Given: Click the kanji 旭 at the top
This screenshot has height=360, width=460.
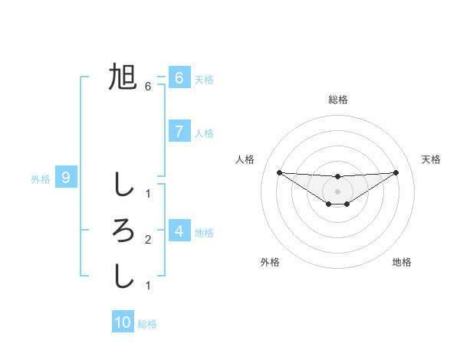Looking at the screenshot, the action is point(123,77).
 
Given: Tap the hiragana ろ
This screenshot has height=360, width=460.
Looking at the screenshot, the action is point(123,230).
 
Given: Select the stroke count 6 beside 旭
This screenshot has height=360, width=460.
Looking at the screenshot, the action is point(148,87).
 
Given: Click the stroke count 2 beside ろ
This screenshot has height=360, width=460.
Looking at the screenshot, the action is point(148,240).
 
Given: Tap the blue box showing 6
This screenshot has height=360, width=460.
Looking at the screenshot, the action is point(179,78).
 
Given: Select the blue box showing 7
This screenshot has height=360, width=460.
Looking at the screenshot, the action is point(179,132).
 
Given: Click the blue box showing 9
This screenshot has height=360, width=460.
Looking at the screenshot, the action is point(66,178).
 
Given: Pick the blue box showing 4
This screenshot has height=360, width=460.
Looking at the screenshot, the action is point(179,231).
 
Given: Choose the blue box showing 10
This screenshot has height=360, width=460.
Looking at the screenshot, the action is point(123,322).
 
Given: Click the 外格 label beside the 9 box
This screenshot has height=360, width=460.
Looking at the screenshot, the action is point(41,179).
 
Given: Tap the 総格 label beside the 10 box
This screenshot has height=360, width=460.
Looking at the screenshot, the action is point(147,324).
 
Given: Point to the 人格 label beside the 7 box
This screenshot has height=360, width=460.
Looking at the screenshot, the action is point(204,133).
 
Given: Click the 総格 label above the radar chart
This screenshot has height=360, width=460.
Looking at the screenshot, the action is point(337,100).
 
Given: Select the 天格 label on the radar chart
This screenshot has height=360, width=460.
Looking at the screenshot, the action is point(431,159).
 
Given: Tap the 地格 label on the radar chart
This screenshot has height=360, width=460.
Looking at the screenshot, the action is point(402,262).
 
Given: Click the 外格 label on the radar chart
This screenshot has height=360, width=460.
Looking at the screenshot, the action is point(270,262).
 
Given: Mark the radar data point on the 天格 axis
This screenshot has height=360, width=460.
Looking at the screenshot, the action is point(396,172).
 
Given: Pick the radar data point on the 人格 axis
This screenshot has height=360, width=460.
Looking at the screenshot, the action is point(279,172).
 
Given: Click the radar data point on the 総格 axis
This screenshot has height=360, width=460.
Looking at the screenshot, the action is point(337,176).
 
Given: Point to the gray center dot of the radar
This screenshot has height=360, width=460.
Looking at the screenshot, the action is point(337,191).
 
